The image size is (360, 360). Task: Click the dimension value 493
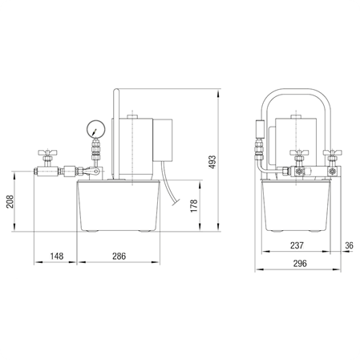(x=212, y=162)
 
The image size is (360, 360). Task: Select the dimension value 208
(x=10, y=201)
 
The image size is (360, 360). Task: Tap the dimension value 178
(x=194, y=206)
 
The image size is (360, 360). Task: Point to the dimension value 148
(x=57, y=256)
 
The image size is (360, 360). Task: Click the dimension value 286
(x=119, y=256)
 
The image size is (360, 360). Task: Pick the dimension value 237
(x=297, y=245)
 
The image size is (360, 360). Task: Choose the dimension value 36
(x=349, y=245)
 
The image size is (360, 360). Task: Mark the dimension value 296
(x=300, y=263)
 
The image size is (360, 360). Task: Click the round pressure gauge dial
(x=96, y=129)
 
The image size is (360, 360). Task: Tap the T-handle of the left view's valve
(x=47, y=152)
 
